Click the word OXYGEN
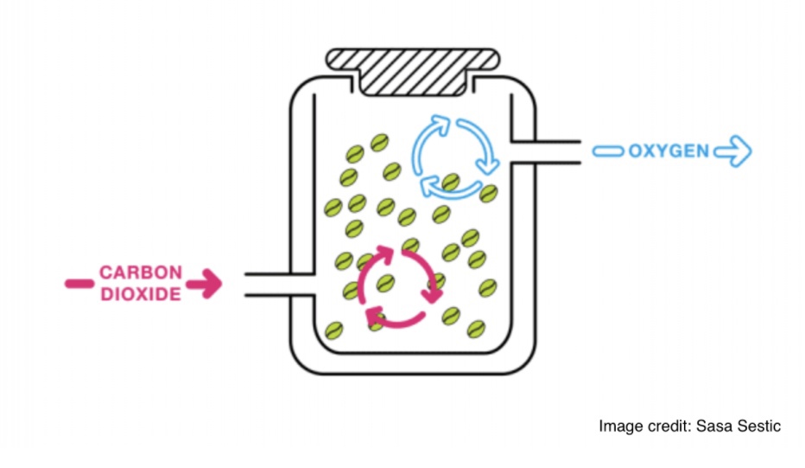click(x=668, y=151)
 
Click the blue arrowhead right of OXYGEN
click(x=735, y=152)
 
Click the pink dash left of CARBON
click(x=78, y=283)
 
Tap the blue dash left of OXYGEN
click(x=607, y=152)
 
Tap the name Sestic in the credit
click(x=757, y=426)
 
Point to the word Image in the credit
click(x=618, y=426)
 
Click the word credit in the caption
click(x=666, y=426)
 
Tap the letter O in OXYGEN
click(x=636, y=151)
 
